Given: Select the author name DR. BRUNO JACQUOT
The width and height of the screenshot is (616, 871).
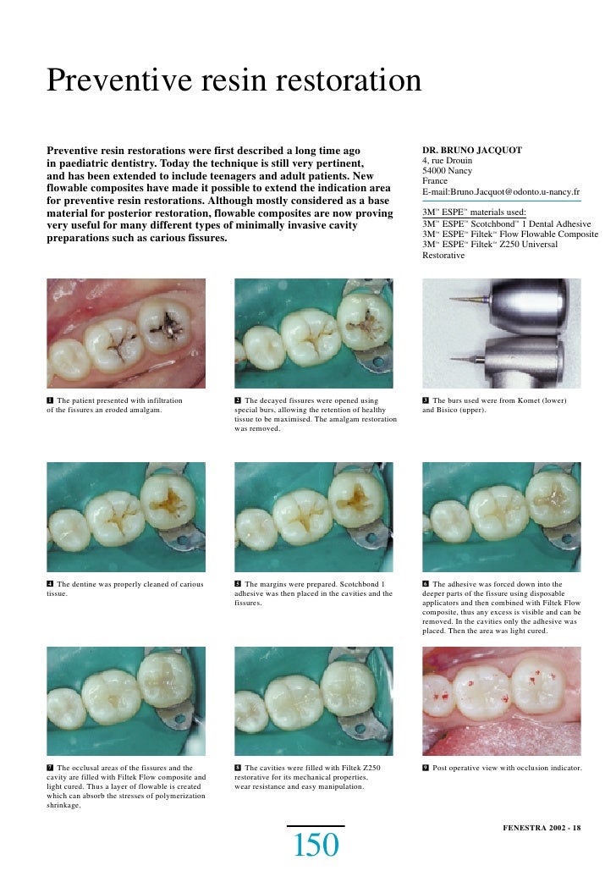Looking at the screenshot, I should point(471,151).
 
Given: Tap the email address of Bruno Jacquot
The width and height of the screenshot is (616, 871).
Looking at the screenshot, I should point(500,193).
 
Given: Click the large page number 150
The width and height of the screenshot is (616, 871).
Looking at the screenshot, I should point(316,846).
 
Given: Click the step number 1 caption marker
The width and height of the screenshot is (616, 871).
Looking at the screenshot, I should point(50,400).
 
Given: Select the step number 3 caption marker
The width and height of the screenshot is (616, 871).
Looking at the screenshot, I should point(426,400).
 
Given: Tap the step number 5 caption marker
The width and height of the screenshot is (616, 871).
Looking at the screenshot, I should point(238,584).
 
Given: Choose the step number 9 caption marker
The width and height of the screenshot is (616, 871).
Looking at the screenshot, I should point(426,768).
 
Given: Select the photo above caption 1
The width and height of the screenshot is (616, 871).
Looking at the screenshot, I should point(126,332).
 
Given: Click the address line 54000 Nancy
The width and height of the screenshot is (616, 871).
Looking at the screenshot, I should point(447,170).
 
